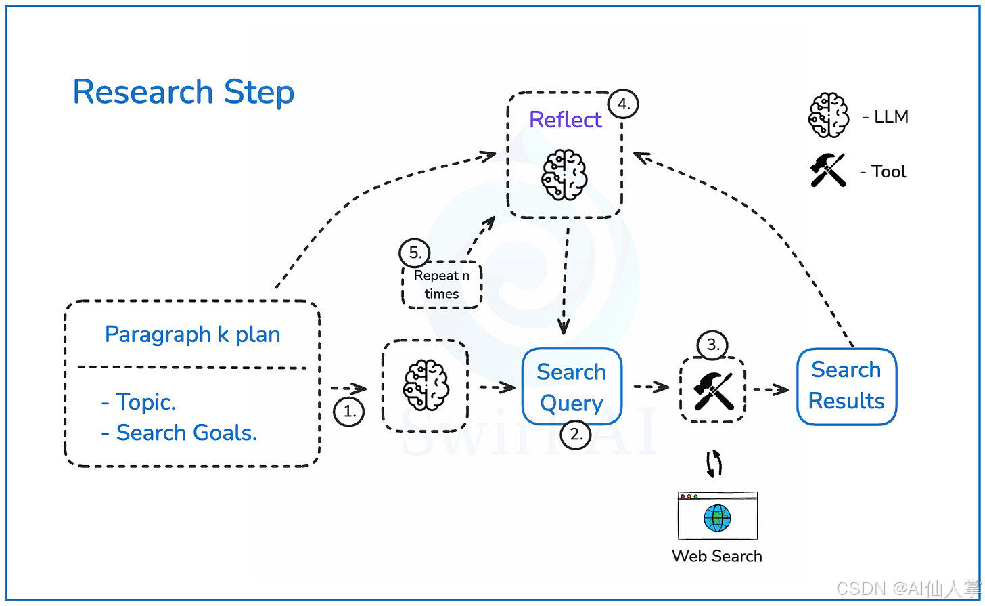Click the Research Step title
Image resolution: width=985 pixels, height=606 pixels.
(x=183, y=92)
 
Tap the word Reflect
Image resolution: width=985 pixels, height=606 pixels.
(x=565, y=120)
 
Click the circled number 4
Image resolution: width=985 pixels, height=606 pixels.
(x=623, y=105)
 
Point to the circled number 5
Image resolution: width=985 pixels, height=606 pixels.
(x=415, y=253)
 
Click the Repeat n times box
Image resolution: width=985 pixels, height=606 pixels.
(x=441, y=285)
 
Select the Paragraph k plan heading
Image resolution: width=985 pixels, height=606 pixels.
(x=192, y=334)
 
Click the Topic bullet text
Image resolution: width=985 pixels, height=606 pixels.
(x=139, y=402)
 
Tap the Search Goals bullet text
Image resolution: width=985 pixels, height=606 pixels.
(x=179, y=432)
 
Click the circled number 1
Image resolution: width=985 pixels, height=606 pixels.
(x=349, y=410)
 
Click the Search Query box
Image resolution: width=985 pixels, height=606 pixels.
(x=571, y=387)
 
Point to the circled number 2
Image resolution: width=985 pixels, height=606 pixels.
(x=576, y=435)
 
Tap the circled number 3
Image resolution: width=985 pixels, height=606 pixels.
(x=712, y=345)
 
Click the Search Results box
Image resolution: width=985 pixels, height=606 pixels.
(x=846, y=386)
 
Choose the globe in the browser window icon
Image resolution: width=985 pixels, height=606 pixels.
(x=717, y=518)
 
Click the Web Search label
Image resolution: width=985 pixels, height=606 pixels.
(x=717, y=557)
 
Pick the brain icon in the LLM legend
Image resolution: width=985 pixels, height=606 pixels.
(x=828, y=116)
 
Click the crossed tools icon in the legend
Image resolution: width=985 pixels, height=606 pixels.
(x=828, y=171)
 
